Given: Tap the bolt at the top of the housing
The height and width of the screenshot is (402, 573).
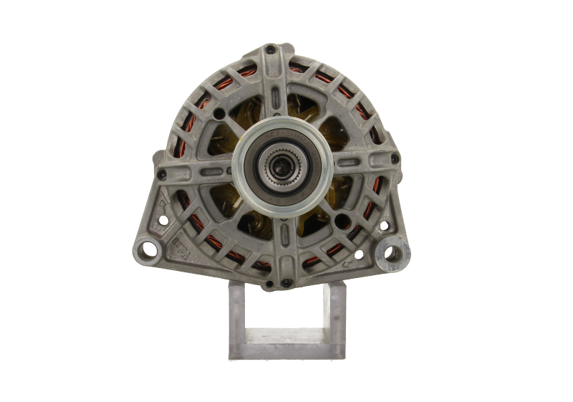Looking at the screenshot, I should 271,50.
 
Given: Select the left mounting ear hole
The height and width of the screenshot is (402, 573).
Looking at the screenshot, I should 149,249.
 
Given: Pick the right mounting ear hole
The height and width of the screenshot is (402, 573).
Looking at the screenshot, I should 391,253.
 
